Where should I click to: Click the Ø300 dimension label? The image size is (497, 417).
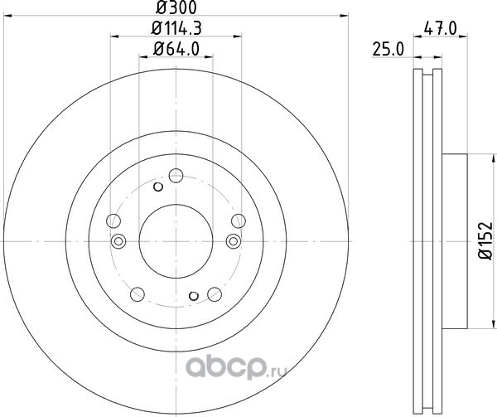[176, 7]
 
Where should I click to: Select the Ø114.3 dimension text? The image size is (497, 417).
[176, 28]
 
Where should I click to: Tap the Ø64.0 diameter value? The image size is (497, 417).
[176, 49]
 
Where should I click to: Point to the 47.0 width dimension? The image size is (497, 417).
[441, 29]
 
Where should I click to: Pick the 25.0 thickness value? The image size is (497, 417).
[388, 50]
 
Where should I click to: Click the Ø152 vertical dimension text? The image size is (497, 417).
[485, 241]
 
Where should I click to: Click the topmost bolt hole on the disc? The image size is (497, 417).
[176, 176]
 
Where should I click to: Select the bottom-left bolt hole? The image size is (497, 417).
[138, 294]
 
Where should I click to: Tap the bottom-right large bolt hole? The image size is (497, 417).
[215, 294]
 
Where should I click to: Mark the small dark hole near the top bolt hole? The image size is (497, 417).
[158, 187]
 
